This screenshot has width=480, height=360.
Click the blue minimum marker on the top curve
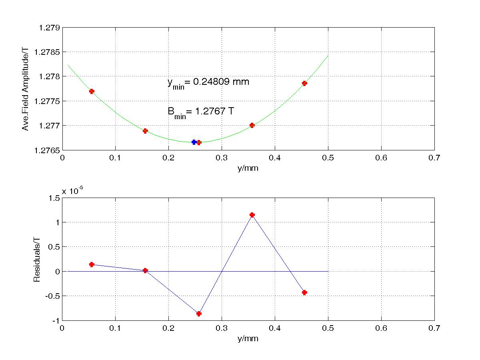tap(194, 142)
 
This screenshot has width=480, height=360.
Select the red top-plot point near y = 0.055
tap(92, 91)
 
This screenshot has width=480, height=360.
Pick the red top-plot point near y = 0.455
tap(304, 83)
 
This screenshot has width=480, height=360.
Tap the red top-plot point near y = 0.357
tap(252, 125)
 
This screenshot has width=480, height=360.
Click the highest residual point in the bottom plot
tap(252, 215)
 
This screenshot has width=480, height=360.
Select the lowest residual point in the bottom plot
tap(199, 314)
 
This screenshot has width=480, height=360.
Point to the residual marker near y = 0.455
tap(304, 292)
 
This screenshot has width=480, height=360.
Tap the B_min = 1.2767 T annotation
tap(200, 112)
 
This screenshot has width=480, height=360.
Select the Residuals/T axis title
tap(37, 259)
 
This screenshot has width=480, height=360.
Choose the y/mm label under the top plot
tap(248, 168)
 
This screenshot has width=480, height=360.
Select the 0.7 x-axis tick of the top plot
tap(434, 158)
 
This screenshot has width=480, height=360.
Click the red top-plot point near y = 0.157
tap(145, 131)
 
